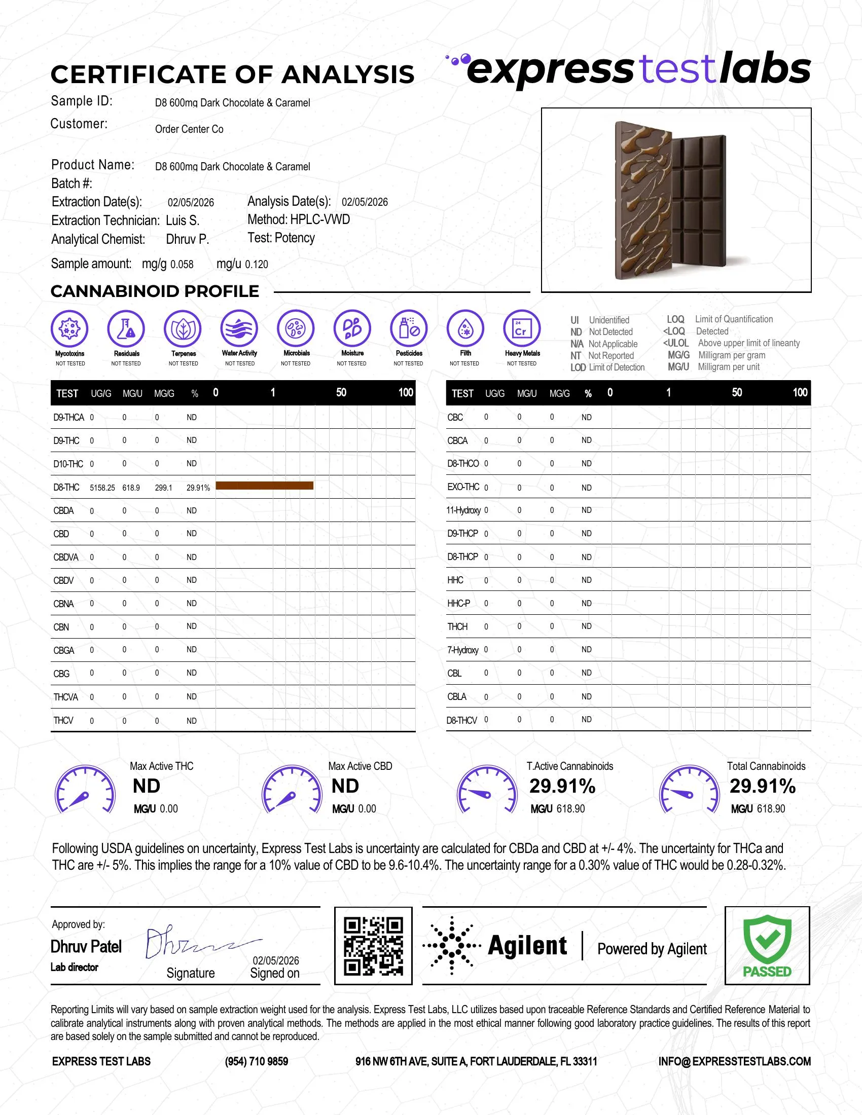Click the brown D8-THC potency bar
pyautogui.click(x=265, y=486)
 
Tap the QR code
pyautogui.click(x=373, y=946)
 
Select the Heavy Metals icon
pyautogui.click(x=521, y=328)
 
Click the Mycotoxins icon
pyautogui.click(x=69, y=328)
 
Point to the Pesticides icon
pyautogui.click(x=409, y=328)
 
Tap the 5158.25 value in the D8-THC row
pyautogui.click(x=102, y=488)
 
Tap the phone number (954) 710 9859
pyautogui.click(x=257, y=1061)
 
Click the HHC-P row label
pyautogui.click(x=458, y=603)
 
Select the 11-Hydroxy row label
pyautogui.click(x=463, y=510)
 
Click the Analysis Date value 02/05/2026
pyautogui.click(x=365, y=202)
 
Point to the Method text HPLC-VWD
pyautogui.click(x=319, y=219)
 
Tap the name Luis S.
pyautogui.click(x=183, y=220)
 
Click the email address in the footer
pyautogui.click(x=734, y=1061)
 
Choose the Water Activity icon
pyautogui.click(x=239, y=328)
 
